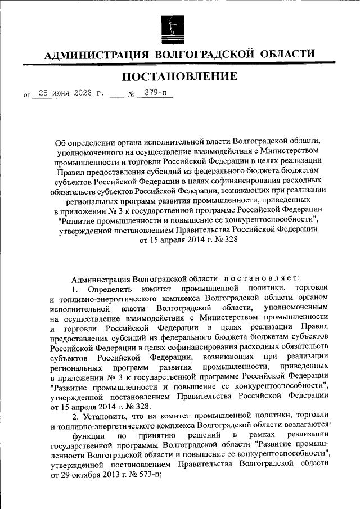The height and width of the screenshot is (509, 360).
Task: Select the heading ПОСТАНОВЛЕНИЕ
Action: tap(180, 76)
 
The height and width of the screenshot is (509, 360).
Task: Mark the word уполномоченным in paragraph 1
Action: tap(299, 309)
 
